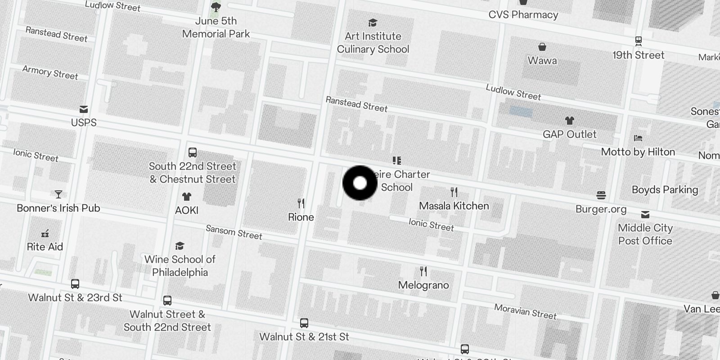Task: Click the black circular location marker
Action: [360, 183]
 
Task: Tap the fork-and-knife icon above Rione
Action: [301, 203]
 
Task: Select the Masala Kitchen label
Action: [454, 206]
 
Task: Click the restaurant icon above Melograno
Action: [423, 271]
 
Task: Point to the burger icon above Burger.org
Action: [601, 195]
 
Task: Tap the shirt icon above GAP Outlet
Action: [570, 121]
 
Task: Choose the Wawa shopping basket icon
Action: [542, 47]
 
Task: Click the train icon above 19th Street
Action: [638, 41]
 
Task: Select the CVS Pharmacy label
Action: [523, 15]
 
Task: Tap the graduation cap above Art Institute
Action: [373, 23]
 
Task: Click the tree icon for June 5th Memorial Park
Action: [216, 7]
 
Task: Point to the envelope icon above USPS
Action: [84, 109]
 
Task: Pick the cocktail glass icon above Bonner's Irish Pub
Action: [58, 194]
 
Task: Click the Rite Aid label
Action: [45, 247]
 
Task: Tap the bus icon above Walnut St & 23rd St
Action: [75, 284]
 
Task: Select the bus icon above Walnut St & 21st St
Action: [304, 323]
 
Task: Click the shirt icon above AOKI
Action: [187, 197]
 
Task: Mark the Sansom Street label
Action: [234, 232]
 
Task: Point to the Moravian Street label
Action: [525, 311]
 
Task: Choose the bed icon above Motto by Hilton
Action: [638, 138]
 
